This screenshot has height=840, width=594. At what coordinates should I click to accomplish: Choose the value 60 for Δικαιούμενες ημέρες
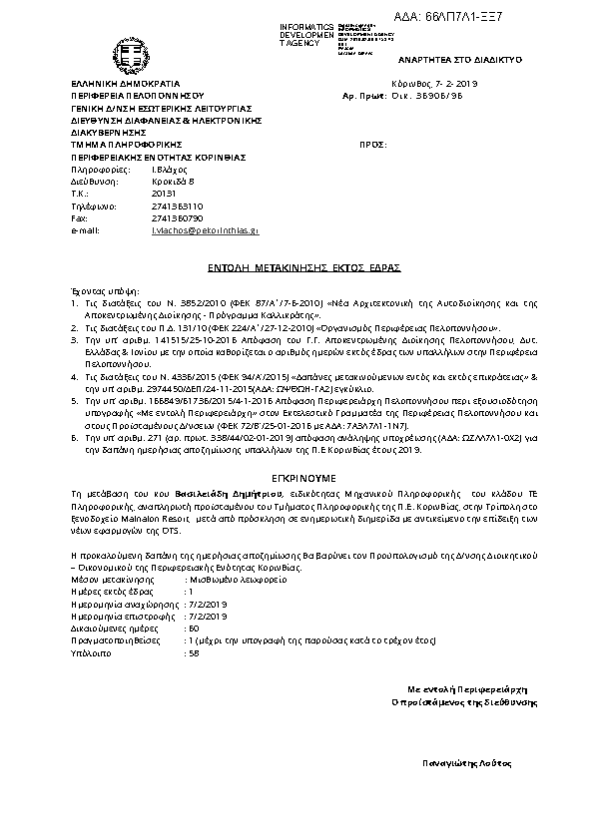pos(194,629)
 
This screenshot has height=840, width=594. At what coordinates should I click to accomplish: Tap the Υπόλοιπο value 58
pos(194,653)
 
